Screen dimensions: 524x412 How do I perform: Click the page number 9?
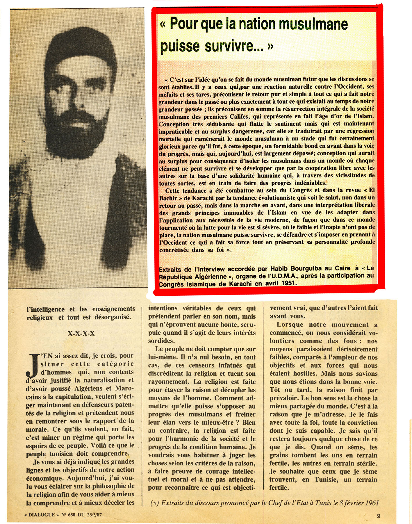(378, 516)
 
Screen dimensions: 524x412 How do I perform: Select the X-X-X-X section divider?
(81, 334)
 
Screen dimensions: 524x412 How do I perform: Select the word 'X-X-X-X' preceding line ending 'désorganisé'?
(81, 334)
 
